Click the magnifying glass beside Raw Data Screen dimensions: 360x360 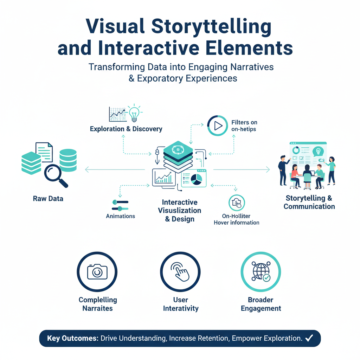(x=56, y=175)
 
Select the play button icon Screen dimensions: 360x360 (x=218, y=126)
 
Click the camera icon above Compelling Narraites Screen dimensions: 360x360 (x=97, y=272)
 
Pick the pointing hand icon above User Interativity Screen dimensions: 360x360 (x=180, y=272)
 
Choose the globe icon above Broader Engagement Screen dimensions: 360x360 (x=261, y=272)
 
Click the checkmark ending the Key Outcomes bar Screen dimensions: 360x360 (x=309, y=339)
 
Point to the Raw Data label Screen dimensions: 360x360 (x=48, y=199)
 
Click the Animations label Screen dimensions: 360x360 (x=121, y=216)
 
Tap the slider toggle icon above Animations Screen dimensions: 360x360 (x=120, y=205)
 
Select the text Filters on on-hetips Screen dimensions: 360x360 (x=244, y=126)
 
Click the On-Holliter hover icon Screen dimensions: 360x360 (x=237, y=203)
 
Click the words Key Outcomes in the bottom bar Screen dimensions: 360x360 (x=72, y=339)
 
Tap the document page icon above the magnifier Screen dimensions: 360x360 (x=44, y=152)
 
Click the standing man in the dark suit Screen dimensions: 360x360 (x=283, y=171)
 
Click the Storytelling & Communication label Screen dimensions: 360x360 (x=309, y=202)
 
